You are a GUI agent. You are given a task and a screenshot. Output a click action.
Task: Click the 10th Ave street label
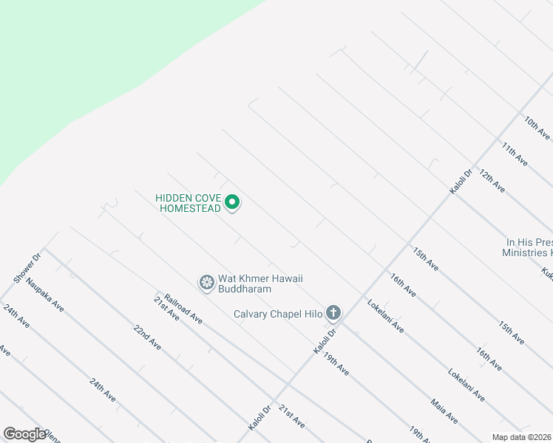(537, 127)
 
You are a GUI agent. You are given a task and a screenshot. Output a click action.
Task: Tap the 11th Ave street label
(514, 153)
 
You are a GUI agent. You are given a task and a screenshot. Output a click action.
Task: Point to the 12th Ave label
(492, 180)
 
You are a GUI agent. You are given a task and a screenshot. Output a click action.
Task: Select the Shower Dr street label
(27, 267)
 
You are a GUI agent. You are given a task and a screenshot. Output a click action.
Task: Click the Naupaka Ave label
(44, 294)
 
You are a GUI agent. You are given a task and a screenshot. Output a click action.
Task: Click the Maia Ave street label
(444, 411)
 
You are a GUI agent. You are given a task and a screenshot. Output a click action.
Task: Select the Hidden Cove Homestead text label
(188, 203)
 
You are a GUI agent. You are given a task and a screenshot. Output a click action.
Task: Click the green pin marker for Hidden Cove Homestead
(232, 202)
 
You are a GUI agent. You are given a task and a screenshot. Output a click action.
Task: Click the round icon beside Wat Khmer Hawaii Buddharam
(207, 282)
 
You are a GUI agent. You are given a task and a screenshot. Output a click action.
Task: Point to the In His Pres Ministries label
(528, 247)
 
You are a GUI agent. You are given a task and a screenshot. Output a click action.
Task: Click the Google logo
(24, 433)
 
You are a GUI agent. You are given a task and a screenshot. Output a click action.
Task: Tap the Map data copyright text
(521, 437)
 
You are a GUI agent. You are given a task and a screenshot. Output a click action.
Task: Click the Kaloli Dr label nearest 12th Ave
(461, 182)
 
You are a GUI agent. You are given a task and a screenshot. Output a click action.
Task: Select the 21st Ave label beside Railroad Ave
(166, 308)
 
